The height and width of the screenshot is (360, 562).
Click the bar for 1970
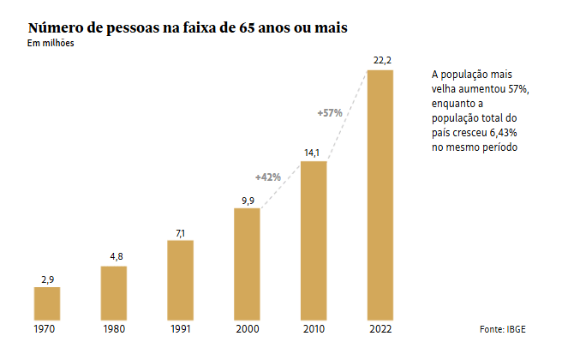pyautogui.click(x=47, y=303)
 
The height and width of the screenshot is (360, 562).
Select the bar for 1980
pyautogui.click(x=114, y=292)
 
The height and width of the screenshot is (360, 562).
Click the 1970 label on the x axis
pyautogui.click(x=47, y=328)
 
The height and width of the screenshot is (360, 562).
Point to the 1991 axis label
pyautogui.click(x=181, y=328)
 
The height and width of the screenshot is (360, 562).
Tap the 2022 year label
pyautogui.click(x=380, y=328)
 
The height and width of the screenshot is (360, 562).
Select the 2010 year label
pyautogui.click(x=314, y=328)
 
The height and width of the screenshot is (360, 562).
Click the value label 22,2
pyautogui.click(x=380, y=59)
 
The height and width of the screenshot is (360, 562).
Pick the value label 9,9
pyautogui.click(x=247, y=200)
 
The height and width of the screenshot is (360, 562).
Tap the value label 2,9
pyautogui.click(x=47, y=279)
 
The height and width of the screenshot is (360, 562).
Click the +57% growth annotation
pyautogui.click(x=330, y=112)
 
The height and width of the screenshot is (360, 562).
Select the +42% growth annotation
pyautogui.click(x=268, y=177)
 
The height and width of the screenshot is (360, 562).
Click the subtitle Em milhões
pyautogui.click(x=51, y=45)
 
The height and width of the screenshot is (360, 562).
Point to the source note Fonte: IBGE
pyautogui.click(x=504, y=329)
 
